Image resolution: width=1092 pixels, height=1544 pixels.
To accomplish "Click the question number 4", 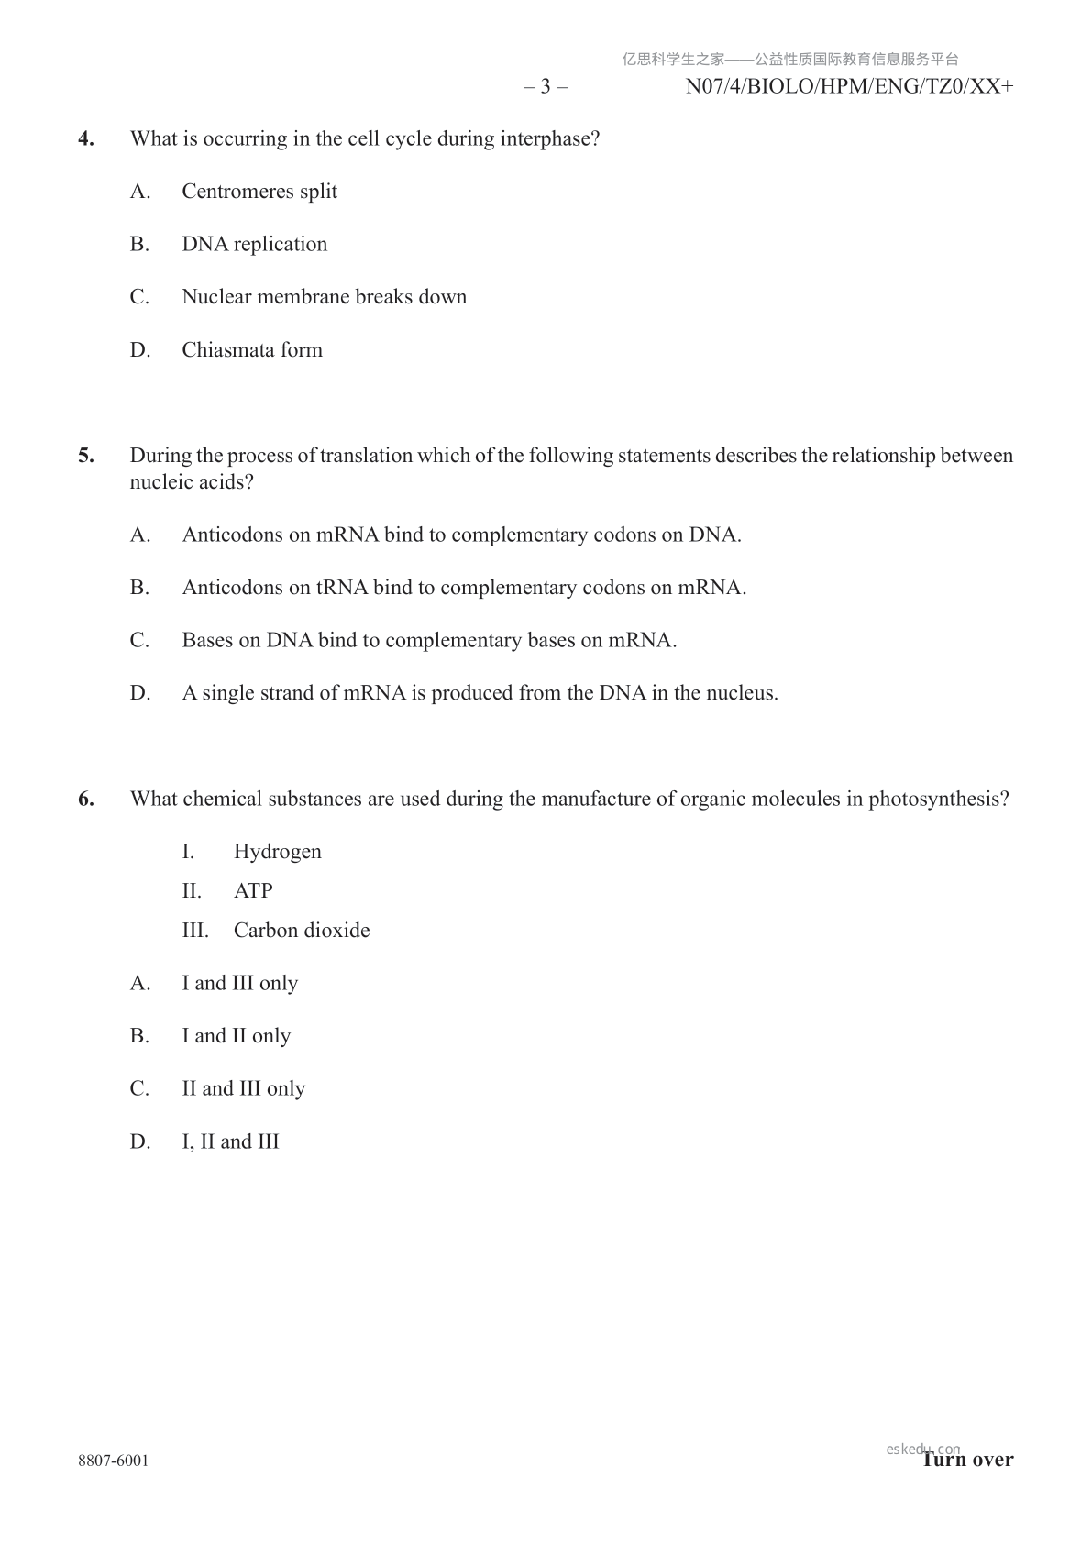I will [86, 139].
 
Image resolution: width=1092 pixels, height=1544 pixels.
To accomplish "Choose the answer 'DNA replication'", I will [254, 245].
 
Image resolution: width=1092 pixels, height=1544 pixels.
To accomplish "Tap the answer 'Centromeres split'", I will [259, 192].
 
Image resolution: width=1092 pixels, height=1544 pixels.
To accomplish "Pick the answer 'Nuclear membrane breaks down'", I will [324, 297].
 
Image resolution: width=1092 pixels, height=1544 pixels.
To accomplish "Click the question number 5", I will [86, 456].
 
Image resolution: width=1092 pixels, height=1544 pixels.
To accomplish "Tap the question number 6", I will [86, 800].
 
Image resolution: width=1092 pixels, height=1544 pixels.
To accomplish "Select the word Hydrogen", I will [277, 852].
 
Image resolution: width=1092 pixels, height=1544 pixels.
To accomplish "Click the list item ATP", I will [253, 891].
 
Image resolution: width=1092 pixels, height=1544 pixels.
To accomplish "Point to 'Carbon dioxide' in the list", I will [302, 931].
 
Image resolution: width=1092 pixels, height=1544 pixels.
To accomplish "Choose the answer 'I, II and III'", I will [230, 1142].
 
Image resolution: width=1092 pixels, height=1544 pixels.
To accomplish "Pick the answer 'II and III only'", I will [243, 1089].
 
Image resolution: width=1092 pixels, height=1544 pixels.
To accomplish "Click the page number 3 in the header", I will [546, 87].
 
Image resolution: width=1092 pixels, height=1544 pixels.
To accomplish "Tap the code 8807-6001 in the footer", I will [113, 1461].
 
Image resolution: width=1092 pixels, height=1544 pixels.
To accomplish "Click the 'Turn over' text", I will [968, 1460].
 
